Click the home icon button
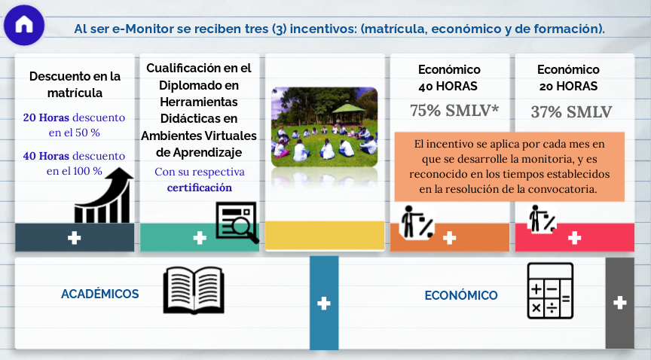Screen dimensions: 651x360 24,25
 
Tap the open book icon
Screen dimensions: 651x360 194,290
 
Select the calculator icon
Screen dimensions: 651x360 550,291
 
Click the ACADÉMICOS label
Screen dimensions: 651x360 100,294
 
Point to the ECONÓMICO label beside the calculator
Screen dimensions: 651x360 461,295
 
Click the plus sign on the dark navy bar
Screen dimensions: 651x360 75,238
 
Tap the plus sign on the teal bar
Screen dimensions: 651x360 200,238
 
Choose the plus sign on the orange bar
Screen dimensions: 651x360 449,238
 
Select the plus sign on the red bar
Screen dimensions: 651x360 575,238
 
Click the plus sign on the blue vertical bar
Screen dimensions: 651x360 324,303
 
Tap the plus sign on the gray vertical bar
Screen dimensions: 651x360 620,303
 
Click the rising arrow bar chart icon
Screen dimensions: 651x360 104,195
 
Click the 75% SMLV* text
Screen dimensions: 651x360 454,111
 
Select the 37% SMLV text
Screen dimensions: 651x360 571,111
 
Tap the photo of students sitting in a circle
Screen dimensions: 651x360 325,127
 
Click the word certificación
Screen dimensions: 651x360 200,188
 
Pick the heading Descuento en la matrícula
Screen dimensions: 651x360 75,84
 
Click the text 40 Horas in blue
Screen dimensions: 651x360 46,156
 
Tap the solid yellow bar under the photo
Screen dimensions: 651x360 325,236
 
